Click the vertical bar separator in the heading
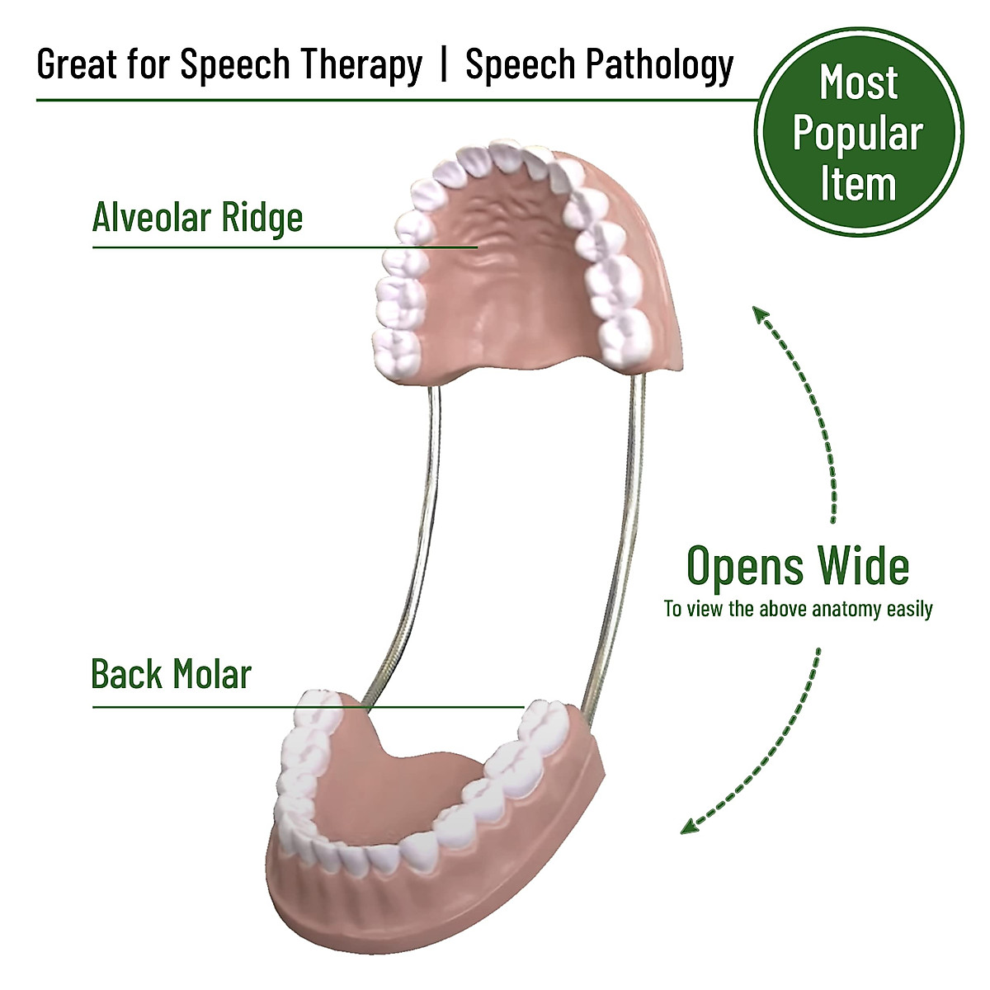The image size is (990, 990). click(x=444, y=64)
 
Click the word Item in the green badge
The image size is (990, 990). click(x=858, y=184)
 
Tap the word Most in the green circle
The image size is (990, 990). click(x=859, y=83)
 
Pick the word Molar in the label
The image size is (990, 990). click(x=212, y=674)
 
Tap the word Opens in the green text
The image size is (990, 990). click(x=746, y=567)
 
